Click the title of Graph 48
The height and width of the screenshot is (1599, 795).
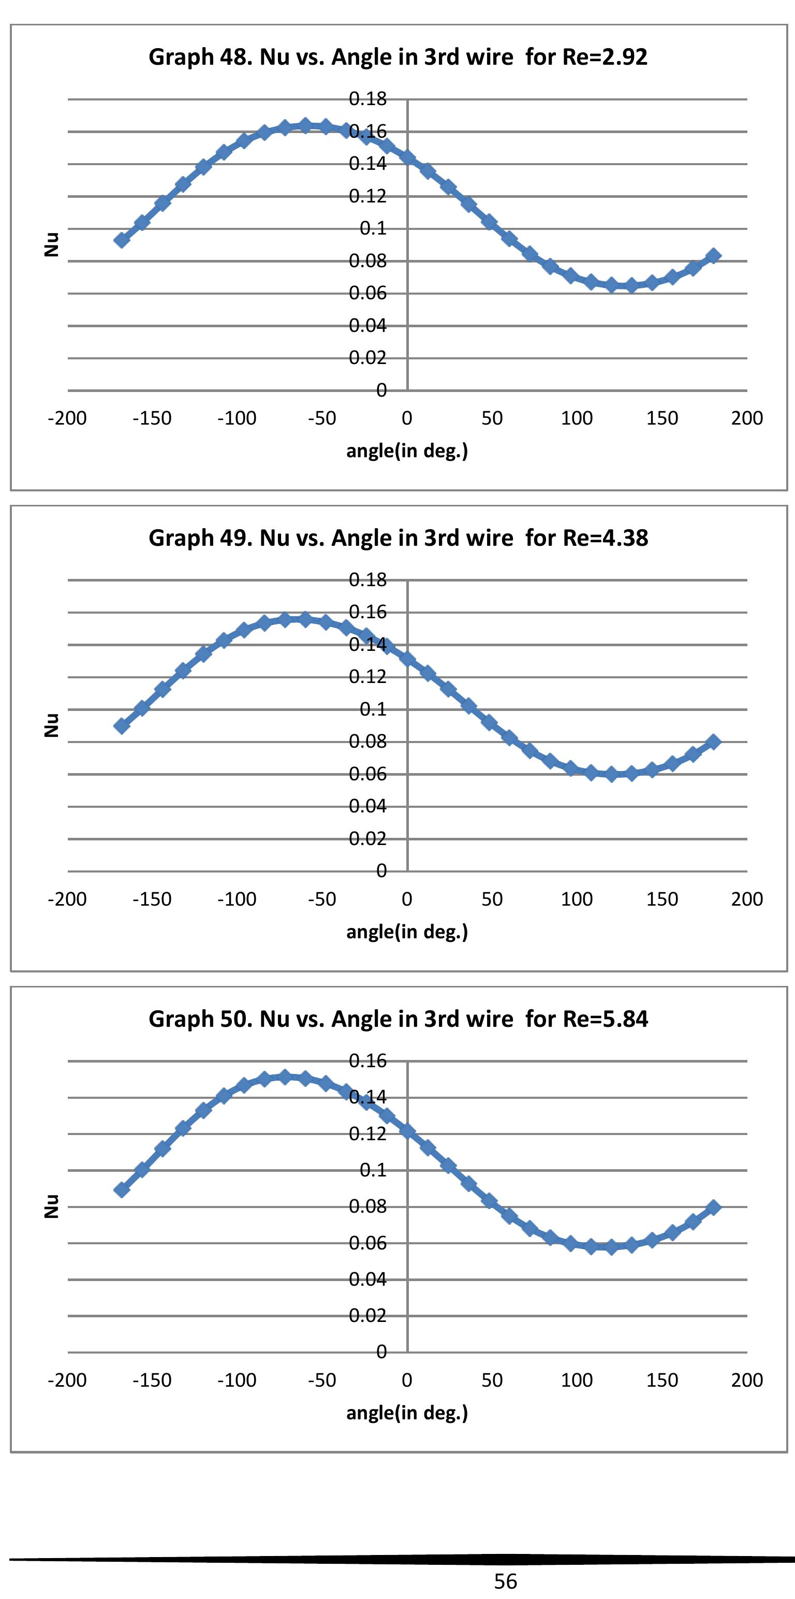[398, 57]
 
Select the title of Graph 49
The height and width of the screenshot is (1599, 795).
[398, 538]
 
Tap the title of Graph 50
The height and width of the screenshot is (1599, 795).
[398, 1019]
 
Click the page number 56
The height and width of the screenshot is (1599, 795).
[505, 1581]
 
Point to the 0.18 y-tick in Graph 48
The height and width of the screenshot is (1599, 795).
[367, 99]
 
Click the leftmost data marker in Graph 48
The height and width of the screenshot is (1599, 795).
[122, 240]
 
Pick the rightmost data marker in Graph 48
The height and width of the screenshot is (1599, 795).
[713, 256]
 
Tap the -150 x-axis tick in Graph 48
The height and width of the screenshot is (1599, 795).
[152, 418]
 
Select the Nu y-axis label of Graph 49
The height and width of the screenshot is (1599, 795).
[52, 725]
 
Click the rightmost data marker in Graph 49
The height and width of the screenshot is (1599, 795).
[713, 742]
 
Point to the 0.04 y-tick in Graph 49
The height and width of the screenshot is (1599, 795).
[367, 806]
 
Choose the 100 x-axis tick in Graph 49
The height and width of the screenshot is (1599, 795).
[577, 899]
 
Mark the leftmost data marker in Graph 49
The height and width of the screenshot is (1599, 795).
[122, 725]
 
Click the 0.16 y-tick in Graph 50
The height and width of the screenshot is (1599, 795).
[367, 1061]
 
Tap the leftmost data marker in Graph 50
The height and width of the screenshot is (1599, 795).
[122, 1189]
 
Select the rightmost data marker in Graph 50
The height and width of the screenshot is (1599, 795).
[713, 1208]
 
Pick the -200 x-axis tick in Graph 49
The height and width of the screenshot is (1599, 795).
[67, 899]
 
